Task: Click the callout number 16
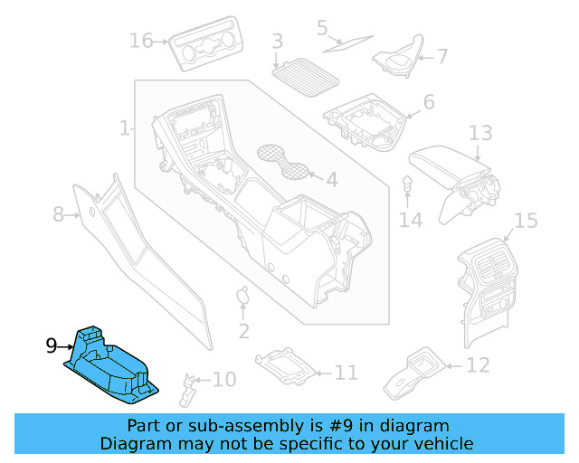tap(141, 41)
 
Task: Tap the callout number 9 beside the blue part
tap(52, 345)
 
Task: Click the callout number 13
tap(480, 134)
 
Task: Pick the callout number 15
tap(526, 221)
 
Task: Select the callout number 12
tap(478, 365)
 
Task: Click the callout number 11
tap(346, 372)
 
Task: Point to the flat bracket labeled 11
tap(287, 367)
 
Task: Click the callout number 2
tap(243, 332)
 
